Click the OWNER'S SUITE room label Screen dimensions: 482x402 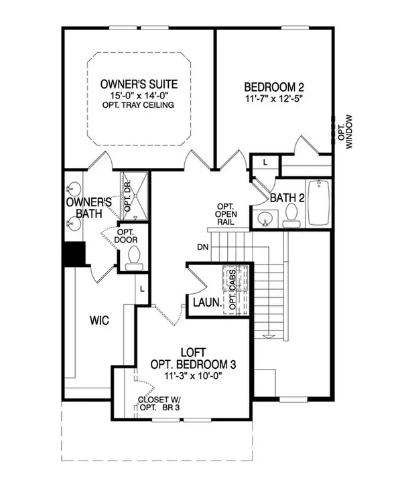click(x=139, y=84)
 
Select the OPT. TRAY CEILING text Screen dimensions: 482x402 click(x=139, y=106)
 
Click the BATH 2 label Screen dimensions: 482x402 click(x=287, y=198)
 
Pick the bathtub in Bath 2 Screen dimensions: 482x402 click(x=318, y=202)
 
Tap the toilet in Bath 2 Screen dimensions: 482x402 click(x=290, y=214)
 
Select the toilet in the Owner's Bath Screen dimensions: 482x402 click(x=133, y=257)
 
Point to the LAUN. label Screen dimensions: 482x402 click(x=207, y=303)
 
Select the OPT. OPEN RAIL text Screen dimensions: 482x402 click(x=224, y=214)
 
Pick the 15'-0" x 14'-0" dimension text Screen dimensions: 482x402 click(x=139, y=96)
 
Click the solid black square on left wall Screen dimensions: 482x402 click(x=72, y=254)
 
